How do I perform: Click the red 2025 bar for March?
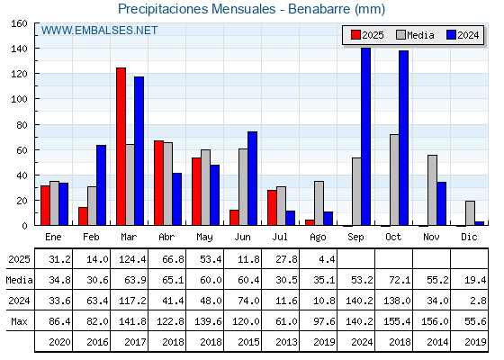tap(121, 147)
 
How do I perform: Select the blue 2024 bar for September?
tap(365, 137)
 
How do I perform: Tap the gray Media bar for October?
tap(394, 180)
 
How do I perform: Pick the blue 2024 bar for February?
tap(101, 185)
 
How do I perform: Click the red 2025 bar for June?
tap(234, 218)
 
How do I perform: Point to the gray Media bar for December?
tap(470, 213)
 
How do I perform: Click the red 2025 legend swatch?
tap(355, 35)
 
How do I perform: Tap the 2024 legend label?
tap(468, 35)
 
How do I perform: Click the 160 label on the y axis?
tap(19, 23)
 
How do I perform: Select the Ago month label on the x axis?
tap(318, 238)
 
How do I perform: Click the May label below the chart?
tap(204, 238)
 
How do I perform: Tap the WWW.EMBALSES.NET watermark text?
tap(99, 31)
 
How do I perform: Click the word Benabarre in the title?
tap(319, 9)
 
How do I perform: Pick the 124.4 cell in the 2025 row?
tap(132, 259)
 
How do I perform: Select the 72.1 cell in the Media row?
tap(400, 280)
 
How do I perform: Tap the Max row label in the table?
tap(19, 321)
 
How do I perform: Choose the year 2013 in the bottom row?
tap(286, 342)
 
